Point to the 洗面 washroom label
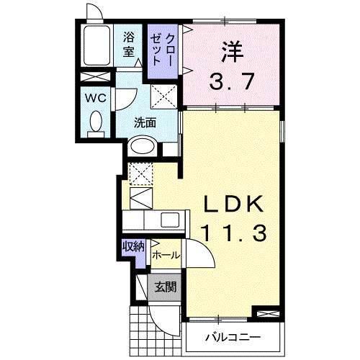pos(145,122)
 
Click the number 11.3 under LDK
pos(234,233)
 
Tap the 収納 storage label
pos(132,246)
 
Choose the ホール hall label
pos(165,254)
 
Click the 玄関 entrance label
pos(165,287)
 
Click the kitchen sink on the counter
pos(171,220)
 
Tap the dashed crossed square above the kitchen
pos(140,174)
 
